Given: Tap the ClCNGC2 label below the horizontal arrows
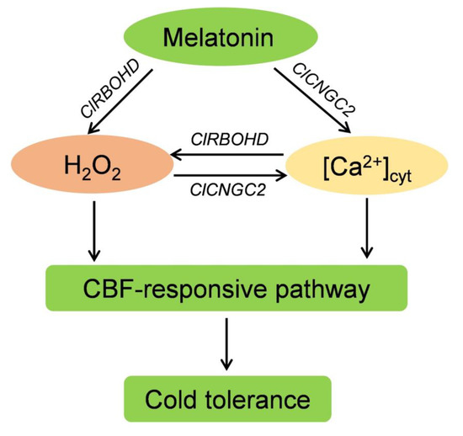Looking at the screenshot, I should tap(223, 192).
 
